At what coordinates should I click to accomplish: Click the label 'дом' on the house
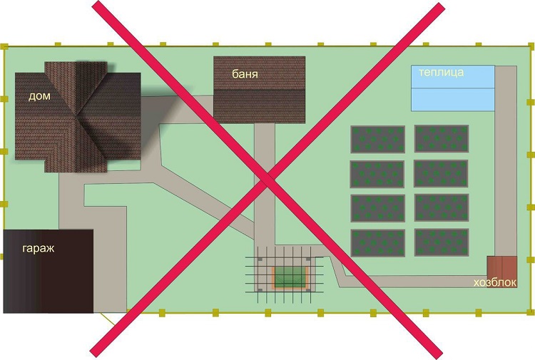point(39,96)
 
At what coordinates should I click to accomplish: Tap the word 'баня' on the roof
point(245,74)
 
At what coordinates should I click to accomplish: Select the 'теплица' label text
point(441,72)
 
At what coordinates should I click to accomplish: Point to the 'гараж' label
point(39,248)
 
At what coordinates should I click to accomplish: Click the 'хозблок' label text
point(495,282)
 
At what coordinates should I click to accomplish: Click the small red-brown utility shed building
point(502,267)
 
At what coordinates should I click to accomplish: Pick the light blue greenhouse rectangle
point(453,88)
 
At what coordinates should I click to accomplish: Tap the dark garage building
point(48,272)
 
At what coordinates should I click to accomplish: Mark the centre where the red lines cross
point(268,180)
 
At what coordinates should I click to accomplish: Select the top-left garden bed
point(377,139)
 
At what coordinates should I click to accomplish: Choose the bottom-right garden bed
point(442,242)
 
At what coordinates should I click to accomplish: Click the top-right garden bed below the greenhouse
point(442,138)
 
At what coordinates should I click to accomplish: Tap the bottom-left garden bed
point(377,243)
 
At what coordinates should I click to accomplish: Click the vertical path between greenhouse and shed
point(506,161)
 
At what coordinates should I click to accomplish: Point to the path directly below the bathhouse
point(265,184)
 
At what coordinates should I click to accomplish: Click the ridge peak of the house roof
point(77,114)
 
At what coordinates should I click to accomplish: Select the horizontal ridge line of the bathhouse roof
point(260,90)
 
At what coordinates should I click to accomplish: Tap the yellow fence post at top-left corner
point(4,47)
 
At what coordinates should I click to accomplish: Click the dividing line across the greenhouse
point(453,88)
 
